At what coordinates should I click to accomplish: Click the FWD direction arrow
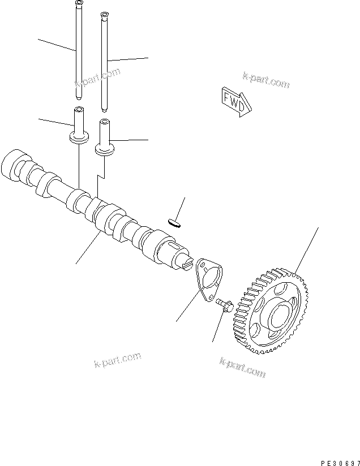coord(233,100)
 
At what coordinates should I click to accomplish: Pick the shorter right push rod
coord(104,62)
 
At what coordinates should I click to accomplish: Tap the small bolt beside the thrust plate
coord(225,305)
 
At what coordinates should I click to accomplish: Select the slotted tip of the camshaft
coord(188,264)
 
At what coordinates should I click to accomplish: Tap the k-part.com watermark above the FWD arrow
coord(265,80)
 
